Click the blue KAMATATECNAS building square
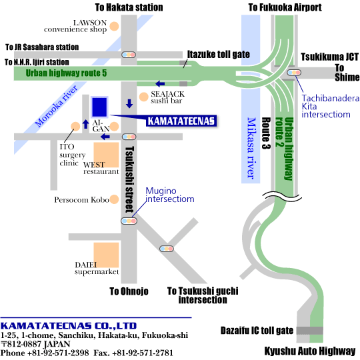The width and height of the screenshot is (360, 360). tap(99, 107)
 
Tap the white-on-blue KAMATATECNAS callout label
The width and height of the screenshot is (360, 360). tap(181, 121)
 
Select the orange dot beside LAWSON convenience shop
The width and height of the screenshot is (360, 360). tap(114, 27)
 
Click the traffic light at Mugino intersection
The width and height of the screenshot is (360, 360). tap(129, 221)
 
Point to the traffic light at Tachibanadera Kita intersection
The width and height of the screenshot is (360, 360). tap(294, 73)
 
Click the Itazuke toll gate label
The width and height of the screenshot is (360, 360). tap(219, 55)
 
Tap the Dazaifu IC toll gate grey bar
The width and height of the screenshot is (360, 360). tap(310, 331)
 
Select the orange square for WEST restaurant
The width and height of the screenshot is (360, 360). tap(106, 155)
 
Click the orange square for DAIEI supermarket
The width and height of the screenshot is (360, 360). tap(106, 255)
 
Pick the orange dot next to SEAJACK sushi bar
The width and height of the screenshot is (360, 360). tap(144, 97)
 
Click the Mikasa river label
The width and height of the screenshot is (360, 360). tap(251, 148)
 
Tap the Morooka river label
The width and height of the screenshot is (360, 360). tap(56, 106)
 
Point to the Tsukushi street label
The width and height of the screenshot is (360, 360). tap(129, 180)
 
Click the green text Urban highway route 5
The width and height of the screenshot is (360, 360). tap(66, 73)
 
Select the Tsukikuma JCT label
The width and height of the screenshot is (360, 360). tap(330, 57)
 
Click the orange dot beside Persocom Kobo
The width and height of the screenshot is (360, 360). tap(114, 199)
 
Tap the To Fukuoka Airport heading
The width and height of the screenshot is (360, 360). tap(285, 7)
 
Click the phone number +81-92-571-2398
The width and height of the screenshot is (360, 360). tap(58, 353)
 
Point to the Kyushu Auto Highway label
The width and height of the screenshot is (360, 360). tap(310, 351)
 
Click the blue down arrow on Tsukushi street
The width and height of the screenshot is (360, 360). tap(129, 103)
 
